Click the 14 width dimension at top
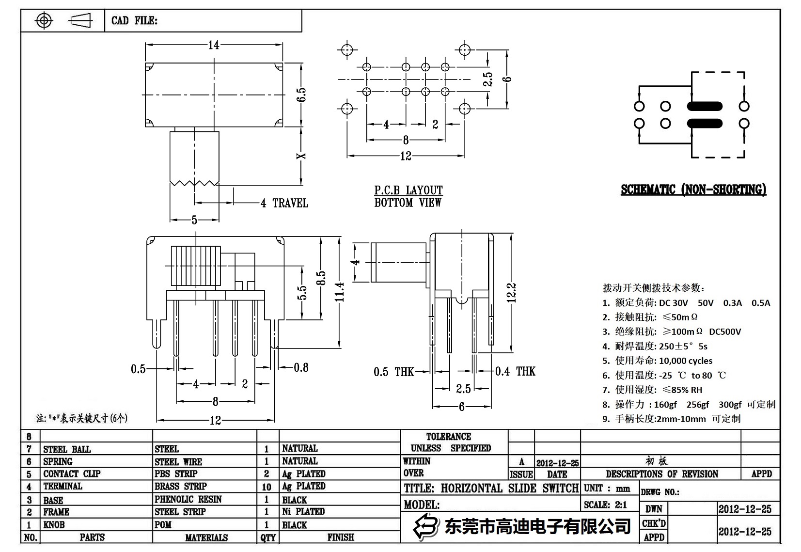tap(213, 45)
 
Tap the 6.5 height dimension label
tap(301, 94)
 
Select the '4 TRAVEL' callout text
tap(284, 203)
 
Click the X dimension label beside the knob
tap(301, 156)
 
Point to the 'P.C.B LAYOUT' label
tap(408, 190)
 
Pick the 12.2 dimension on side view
tap(511, 293)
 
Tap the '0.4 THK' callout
tap(515, 371)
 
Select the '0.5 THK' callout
tap(393, 372)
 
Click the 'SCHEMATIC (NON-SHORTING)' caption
tap(693, 189)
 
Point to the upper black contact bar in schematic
tap(705, 107)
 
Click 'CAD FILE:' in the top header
tap(134, 20)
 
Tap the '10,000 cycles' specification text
tap(685, 361)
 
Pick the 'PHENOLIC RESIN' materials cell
tap(188, 499)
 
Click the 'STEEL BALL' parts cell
tap(67, 449)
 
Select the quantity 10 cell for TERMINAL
tap(267, 487)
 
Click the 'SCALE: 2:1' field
tap(605, 505)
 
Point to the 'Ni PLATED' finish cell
tap(303, 511)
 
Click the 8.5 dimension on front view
tap(320, 278)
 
